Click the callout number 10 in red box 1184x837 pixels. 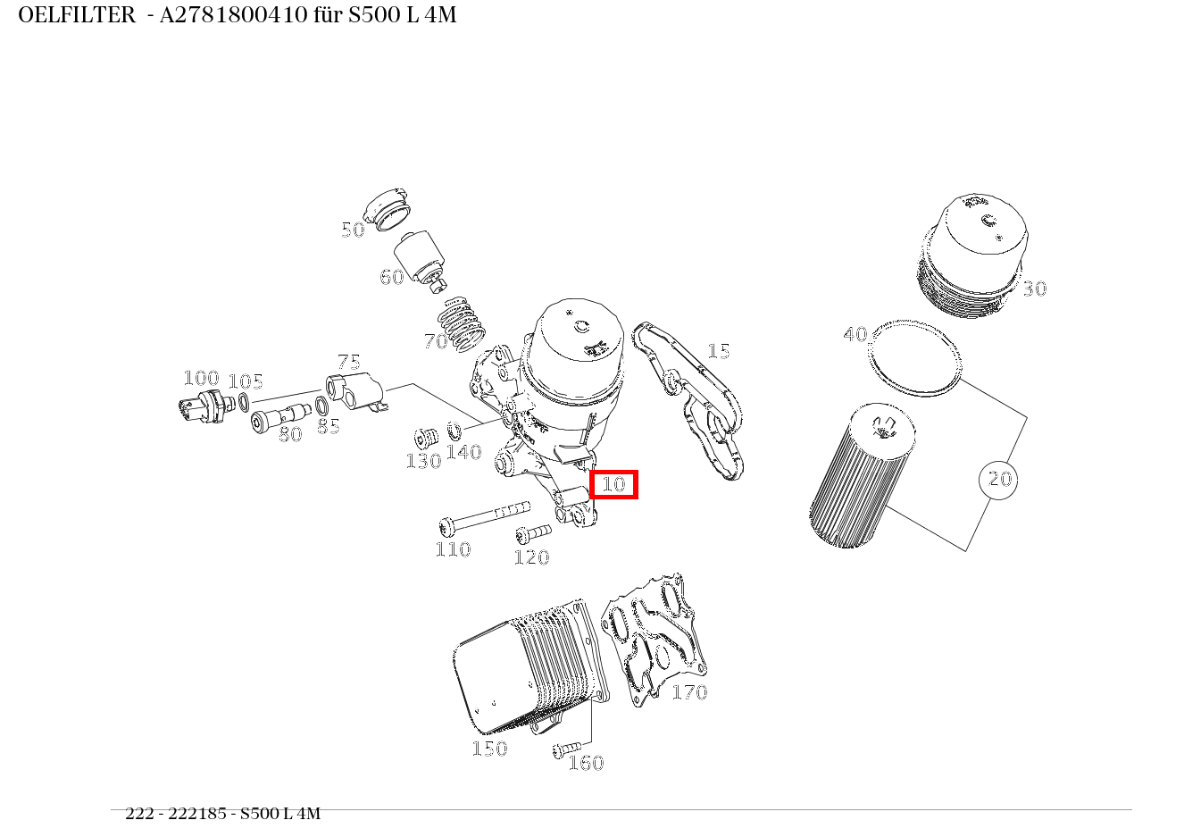pos(613,484)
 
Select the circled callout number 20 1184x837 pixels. pos(998,480)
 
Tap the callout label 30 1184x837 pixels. pos(1034,289)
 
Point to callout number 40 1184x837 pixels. pos(855,334)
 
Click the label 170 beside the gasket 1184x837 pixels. pos(688,692)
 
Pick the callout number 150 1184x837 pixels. pos(489,749)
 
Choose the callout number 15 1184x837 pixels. pos(719,351)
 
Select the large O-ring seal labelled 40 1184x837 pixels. pos(916,358)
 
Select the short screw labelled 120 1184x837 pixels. pos(533,534)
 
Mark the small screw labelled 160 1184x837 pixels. pos(567,748)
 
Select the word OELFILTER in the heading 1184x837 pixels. pos(77,15)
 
